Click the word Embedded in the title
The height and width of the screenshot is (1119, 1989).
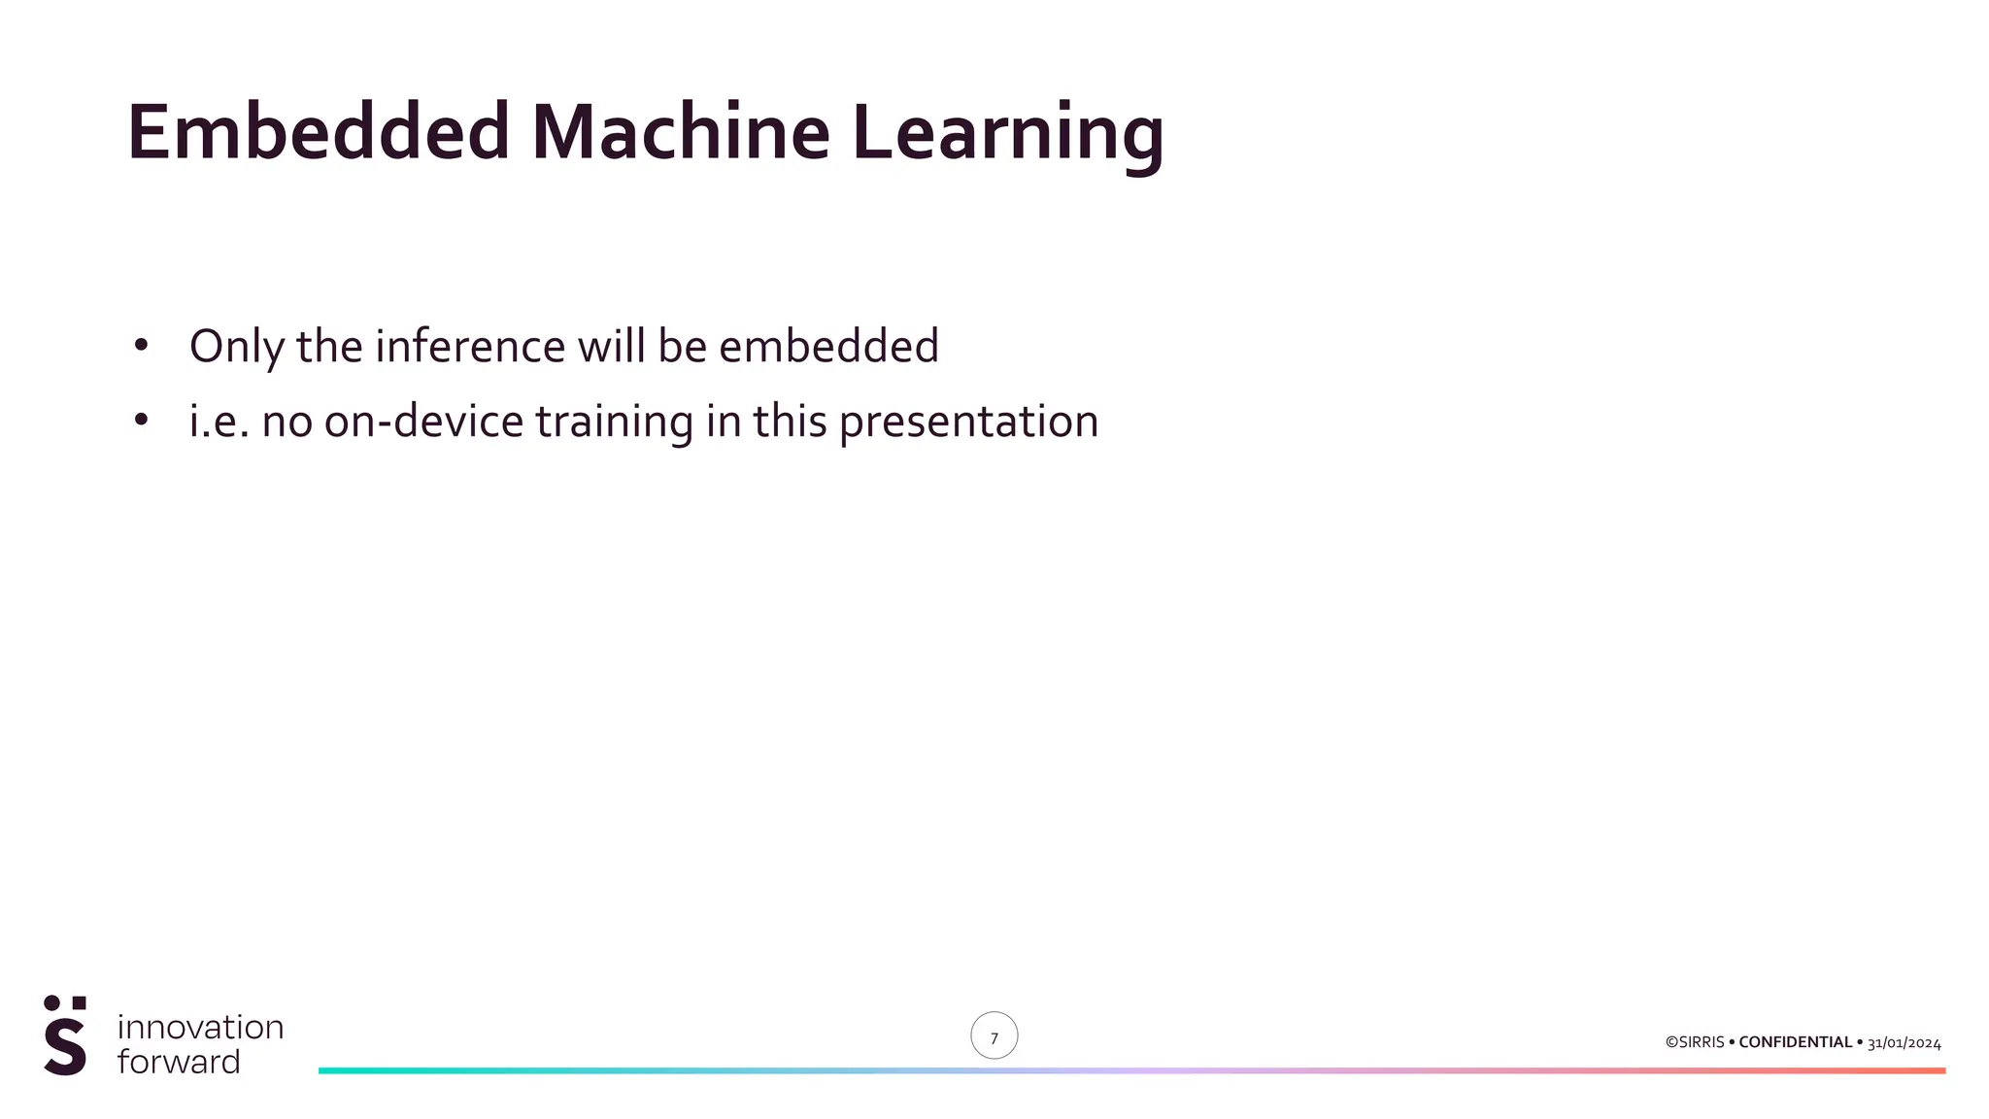[318, 132]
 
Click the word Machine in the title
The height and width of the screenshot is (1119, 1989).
[680, 132]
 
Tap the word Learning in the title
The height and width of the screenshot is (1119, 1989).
[1007, 132]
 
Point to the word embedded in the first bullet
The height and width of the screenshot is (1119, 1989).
[827, 347]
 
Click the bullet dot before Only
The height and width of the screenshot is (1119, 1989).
[141, 345]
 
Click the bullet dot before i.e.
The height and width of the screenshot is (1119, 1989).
[141, 420]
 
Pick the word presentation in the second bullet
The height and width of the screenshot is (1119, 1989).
[968, 422]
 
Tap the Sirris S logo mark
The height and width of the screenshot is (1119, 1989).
[65, 1035]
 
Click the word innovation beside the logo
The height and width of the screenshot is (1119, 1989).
[200, 1027]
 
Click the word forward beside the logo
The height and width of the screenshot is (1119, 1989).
[179, 1062]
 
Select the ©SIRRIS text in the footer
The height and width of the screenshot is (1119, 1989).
[1694, 1042]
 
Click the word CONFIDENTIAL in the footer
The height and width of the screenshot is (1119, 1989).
[1795, 1042]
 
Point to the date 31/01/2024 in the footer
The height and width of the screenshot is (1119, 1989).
[1904, 1043]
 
